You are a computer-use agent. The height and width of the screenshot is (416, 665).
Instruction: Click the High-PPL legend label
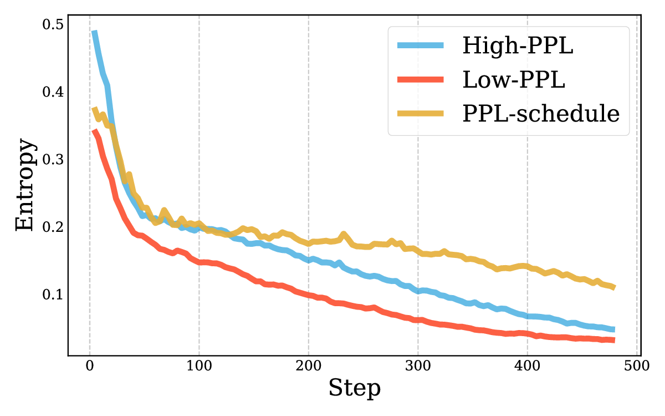[x=517, y=46]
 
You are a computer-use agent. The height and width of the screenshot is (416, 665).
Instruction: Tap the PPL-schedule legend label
[x=540, y=114]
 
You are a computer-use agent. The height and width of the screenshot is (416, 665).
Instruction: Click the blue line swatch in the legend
[x=421, y=46]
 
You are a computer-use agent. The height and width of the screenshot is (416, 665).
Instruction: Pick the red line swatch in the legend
[x=421, y=80]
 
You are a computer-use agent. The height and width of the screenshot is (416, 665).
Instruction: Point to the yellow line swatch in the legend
[x=421, y=114]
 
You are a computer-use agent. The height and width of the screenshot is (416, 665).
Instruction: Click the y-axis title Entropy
[x=25, y=185]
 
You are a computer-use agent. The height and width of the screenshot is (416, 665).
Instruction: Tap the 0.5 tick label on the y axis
[x=53, y=24]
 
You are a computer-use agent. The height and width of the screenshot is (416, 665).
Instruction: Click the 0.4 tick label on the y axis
[x=53, y=92]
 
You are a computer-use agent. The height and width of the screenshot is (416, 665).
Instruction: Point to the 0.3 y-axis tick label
[x=53, y=159]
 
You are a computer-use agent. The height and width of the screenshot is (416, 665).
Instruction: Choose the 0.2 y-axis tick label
[x=53, y=227]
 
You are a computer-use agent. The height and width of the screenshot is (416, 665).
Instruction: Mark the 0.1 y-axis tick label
[x=53, y=294]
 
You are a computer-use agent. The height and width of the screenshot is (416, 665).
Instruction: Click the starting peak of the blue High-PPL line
[x=95, y=33]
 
